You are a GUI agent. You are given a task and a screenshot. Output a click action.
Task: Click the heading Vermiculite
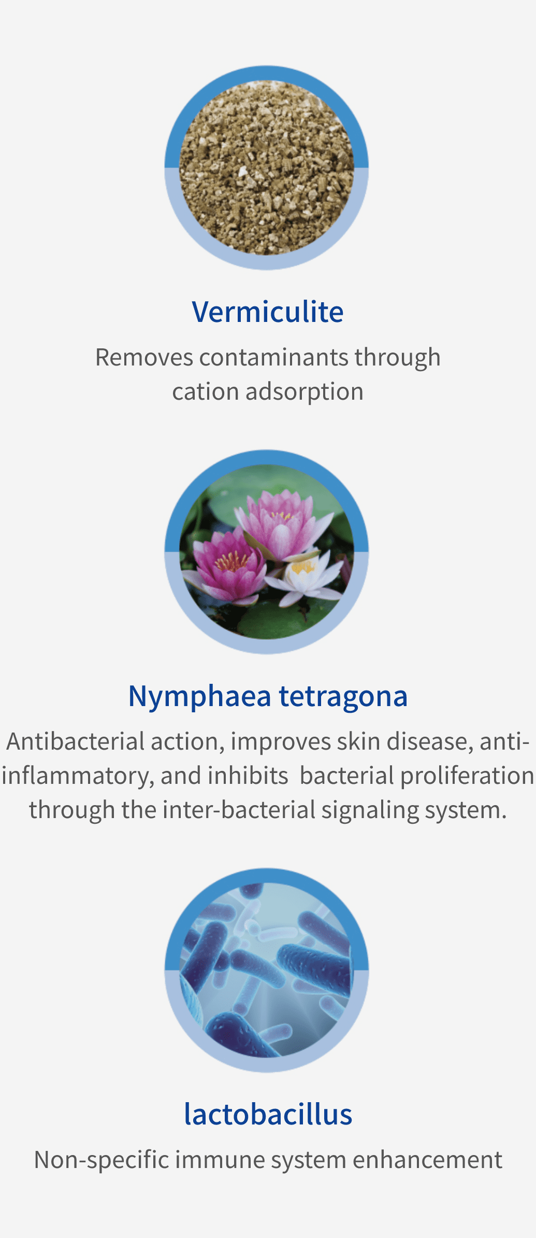[x=268, y=312]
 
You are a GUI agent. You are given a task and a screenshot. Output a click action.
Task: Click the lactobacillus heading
[x=268, y=1114]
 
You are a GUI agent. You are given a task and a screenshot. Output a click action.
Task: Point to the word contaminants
[x=273, y=358]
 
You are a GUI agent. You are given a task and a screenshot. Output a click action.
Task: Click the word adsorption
[x=305, y=392]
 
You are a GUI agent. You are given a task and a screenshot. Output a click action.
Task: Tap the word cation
[x=206, y=392]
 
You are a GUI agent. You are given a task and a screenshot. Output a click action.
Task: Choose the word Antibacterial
[x=76, y=742]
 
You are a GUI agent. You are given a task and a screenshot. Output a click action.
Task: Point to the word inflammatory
[x=78, y=776]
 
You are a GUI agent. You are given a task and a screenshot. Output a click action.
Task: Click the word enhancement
[x=428, y=1160]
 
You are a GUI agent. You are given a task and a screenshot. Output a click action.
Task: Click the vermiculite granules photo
[x=267, y=167]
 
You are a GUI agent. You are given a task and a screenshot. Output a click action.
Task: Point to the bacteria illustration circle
[x=267, y=970]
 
